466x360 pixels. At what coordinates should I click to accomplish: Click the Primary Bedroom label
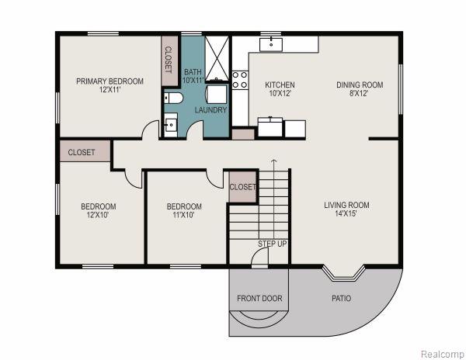pyautogui.click(x=110, y=85)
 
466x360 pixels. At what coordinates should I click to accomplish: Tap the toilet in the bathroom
pyautogui.click(x=173, y=98)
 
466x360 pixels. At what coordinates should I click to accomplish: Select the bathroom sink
pyautogui.click(x=171, y=125)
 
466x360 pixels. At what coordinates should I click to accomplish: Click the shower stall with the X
pyautogui.click(x=217, y=58)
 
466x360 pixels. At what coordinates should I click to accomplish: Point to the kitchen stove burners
pyautogui.click(x=240, y=80)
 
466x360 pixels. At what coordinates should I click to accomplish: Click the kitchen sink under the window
pyautogui.click(x=271, y=44)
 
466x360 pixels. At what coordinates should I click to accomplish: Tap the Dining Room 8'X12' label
pyautogui.click(x=360, y=89)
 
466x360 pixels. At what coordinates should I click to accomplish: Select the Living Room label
pyautogui.click(x=346, y=209)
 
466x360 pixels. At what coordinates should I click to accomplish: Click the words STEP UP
pyautogui.click(x=273, y=244)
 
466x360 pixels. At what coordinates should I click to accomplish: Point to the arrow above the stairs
pyautogui.click(x=273, y=164)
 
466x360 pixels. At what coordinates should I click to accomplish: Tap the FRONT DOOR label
pyautogui.click(x=259, y=298)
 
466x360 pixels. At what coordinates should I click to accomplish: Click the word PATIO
pyautogui.click(x=341, y=298)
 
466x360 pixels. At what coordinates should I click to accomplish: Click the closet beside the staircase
pyautogui.click(x=242, y=187)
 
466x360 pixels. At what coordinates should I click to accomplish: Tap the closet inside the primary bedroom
pyautogui.click(x=169, y=61)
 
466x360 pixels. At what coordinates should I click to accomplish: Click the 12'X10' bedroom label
pyautogui.click(x=99, y=210)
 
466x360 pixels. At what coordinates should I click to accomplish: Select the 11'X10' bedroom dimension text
pyautogui.click(x=183, y=215)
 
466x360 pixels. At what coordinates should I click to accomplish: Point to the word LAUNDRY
pyautogui.click(x=210, y=110)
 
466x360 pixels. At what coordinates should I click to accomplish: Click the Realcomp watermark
pyautogui.click(x=442, y=354)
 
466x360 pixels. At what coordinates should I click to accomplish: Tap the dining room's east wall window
pyautogui.click(x=400, y=89)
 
